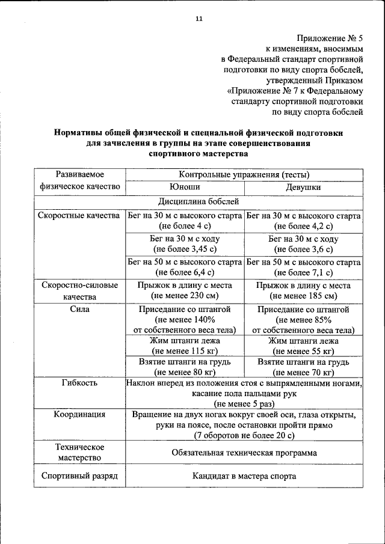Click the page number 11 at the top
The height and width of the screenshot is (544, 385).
click(x=199, y=19)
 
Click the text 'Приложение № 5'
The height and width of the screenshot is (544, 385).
click(x=330, y=38)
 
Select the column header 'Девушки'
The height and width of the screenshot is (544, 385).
click(x=303, y=187)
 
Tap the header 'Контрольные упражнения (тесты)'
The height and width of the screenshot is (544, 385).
click(x=244, y=174)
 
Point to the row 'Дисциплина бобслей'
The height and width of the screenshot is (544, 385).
click(x=199, y=201)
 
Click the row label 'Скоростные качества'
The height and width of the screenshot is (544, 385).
click(x=79, y=215)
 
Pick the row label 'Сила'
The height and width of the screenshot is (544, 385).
click(x=79, y=309)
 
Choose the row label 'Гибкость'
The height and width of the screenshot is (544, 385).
click(x=79, y=383)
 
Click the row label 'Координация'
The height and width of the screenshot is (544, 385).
click(x=79, y=414)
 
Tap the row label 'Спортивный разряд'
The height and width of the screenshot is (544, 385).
click(x=79, y=476)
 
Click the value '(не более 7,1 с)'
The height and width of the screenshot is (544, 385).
click(x=303, y=272)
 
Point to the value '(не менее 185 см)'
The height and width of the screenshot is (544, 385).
click(x=303, y=296)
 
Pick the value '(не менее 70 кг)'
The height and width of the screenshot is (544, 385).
click(x=303, y=372)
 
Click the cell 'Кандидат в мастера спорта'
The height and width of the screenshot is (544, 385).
click(x=244, y=476)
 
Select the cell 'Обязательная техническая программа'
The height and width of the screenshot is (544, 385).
click(x=244, y=453)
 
